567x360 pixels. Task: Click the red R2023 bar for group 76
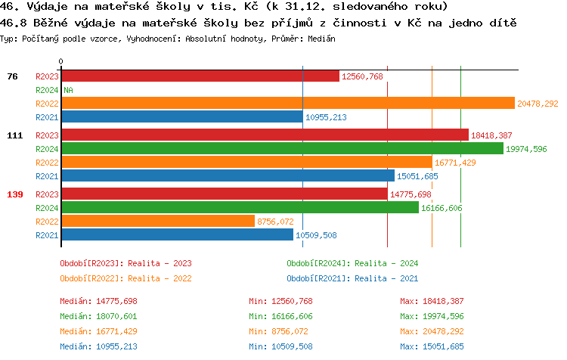pyautogui.click(x=200, y=76)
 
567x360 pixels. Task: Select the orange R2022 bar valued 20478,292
pyautogui.click(x=287, y=104)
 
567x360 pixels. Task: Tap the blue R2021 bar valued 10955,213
pyautogui.click(x=181, y=117)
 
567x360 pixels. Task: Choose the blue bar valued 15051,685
pyautogui.click(x=228, y=176)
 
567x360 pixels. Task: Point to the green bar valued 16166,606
pyautogui.click(x=240, y=207)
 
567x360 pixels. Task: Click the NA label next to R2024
pyautogui.click(x=68, y=90)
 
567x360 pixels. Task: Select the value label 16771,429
pyautogui.click(x=455, y=163)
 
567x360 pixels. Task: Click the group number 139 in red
pyautogui.click(x=15, y=194)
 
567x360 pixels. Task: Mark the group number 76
pyautogui.click(x=12, y=76)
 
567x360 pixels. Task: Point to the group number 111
pyautogui.click(x=15, y=135)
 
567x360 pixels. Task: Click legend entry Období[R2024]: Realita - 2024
pyautogui.click(x=352, y=263)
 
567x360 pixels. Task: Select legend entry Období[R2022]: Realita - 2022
pyautogui.click(x=125, y=278)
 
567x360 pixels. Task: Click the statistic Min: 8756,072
pyautogui.click(x=280, y=331)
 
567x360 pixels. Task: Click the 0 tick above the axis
pyautogui.click(x=61, y=61)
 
